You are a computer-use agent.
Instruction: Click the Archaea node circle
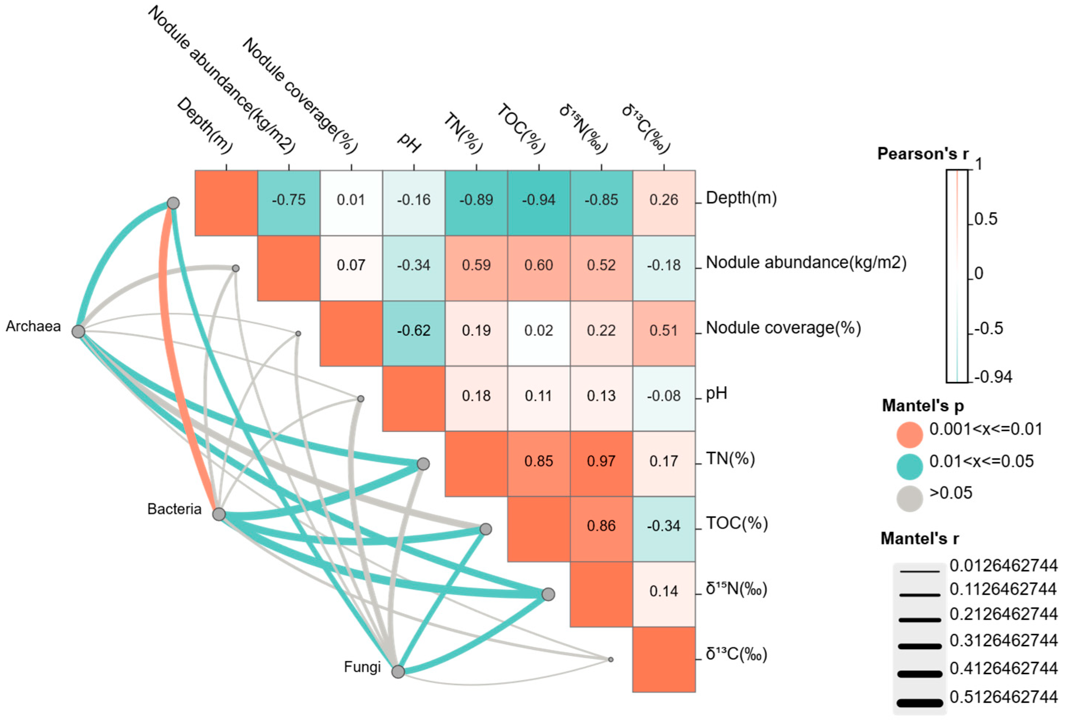tap(79, 331)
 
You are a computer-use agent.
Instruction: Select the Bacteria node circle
tap(219, 514)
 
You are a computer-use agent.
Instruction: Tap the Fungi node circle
tap(398, 672)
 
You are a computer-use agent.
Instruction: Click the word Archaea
tap(33, 326)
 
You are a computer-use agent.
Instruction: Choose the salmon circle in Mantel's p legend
tap(909, 434)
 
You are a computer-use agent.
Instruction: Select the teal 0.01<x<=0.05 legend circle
tap(909, 466)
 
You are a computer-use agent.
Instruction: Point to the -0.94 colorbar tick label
tap(993, 377)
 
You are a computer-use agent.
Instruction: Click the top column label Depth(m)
tap(204, 125)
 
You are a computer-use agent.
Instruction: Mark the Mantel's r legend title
tap(919, 538)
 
